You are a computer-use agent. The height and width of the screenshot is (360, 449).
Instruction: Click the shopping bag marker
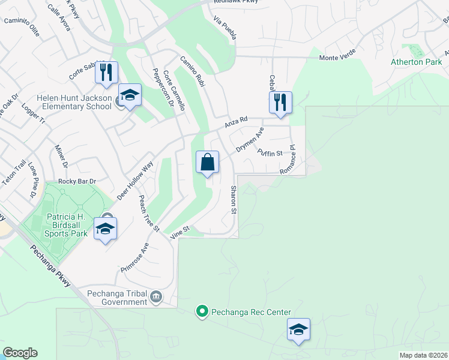click(x=207, y=162)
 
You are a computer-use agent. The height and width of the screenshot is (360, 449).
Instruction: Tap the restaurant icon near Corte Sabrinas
click(x=106, y=73)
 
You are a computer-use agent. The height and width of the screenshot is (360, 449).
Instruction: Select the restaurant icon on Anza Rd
click(x=280, y=103)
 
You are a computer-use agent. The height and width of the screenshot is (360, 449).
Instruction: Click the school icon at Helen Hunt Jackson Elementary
click(x=129, y=95)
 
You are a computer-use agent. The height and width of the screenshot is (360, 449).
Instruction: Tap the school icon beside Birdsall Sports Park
click(x=105, y=229)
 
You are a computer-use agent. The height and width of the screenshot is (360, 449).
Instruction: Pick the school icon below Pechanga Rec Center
click(x=298, y=329)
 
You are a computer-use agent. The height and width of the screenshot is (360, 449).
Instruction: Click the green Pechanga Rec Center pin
click(x=202, y=312)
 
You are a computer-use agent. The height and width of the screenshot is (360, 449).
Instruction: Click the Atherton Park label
click(x=416, y=62)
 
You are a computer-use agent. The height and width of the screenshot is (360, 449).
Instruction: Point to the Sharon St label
click(x=234, y=200)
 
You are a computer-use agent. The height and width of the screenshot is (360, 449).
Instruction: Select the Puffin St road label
click(x=270, y=152)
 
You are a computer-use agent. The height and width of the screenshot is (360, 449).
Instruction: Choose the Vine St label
click(x=179, y=233)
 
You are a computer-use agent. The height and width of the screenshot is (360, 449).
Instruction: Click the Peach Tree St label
click(x=148, y=213)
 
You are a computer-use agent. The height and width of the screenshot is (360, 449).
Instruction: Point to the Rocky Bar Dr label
click(x=77, y=181)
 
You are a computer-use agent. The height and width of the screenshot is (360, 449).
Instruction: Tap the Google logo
click(x=20, y=353)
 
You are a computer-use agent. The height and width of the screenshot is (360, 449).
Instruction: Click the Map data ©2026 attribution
click(x=423, y=355)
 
